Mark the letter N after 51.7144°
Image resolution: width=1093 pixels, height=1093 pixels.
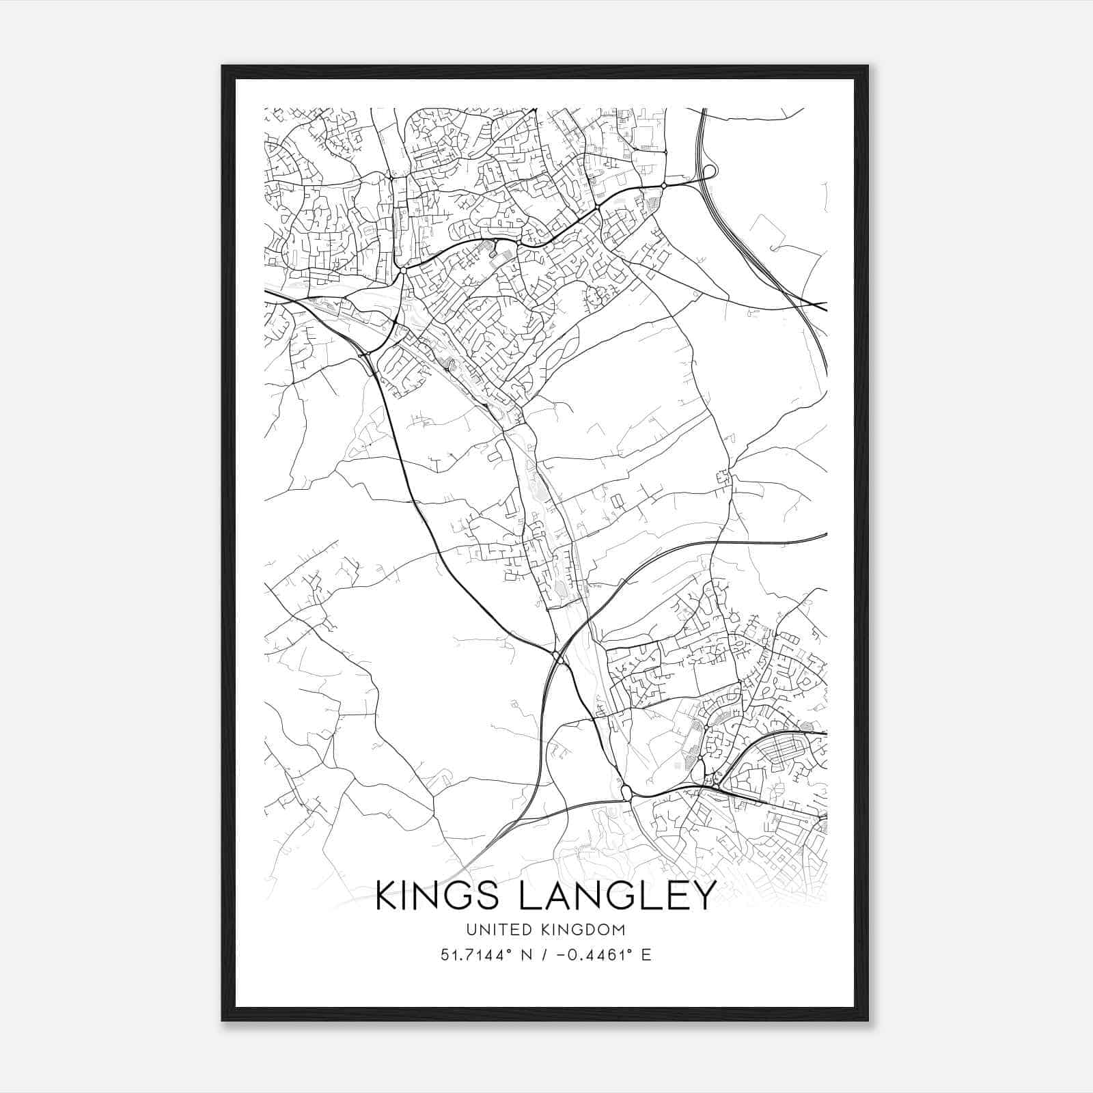click(526, 954)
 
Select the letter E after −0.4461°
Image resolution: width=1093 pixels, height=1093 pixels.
click(646, 954)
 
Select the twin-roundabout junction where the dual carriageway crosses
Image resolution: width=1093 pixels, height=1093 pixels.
click(559, 658)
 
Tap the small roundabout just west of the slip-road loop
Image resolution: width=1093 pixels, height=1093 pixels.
click(664, 185)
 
